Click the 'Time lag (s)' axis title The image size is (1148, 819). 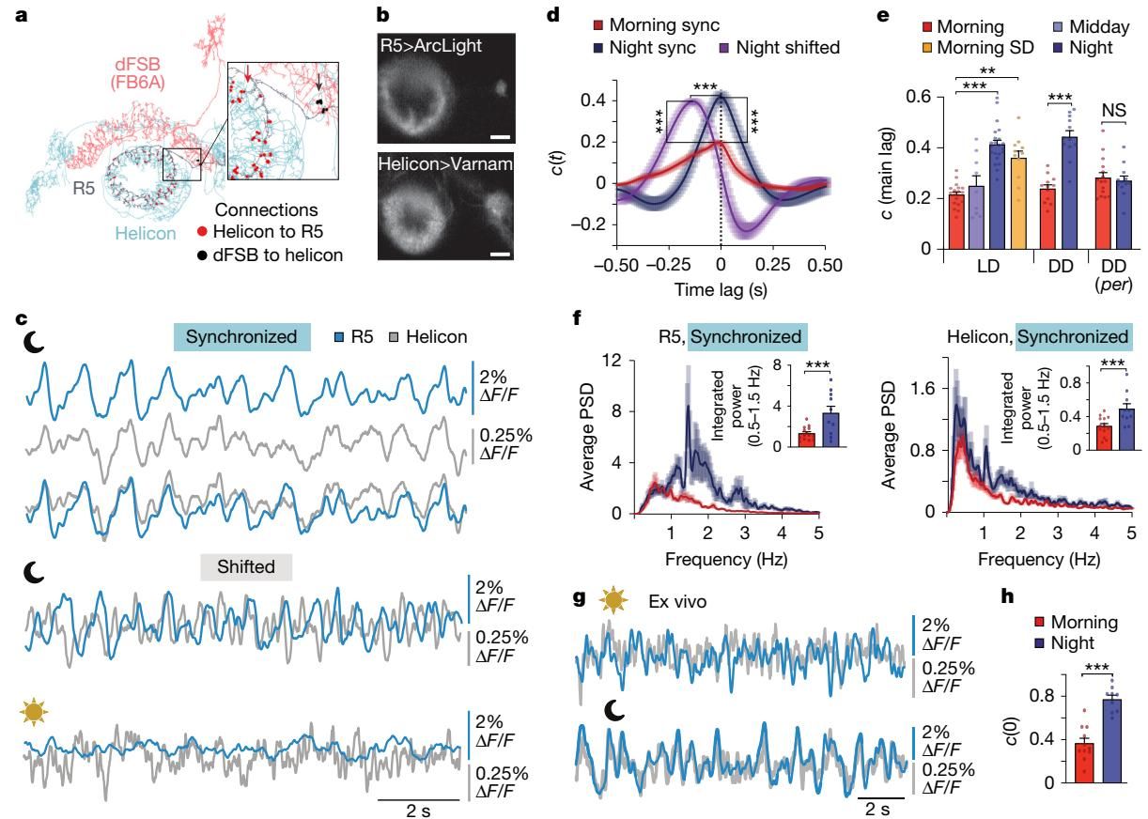(x=720, y=290)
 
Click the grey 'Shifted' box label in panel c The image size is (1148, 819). (x=246, y=566)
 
